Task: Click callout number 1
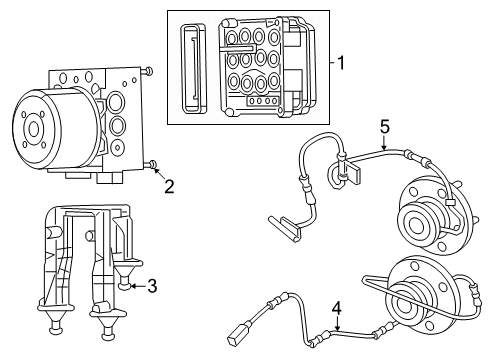[x=342, y=63]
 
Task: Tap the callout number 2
[x=169, y=185]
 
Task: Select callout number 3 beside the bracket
[x=152, y=286]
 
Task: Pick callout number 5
[x=382, y=127]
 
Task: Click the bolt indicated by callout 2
[x=150, y=164]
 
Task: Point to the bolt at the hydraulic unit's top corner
[x=148, y=71]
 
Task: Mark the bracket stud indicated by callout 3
[x=127, y=284]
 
